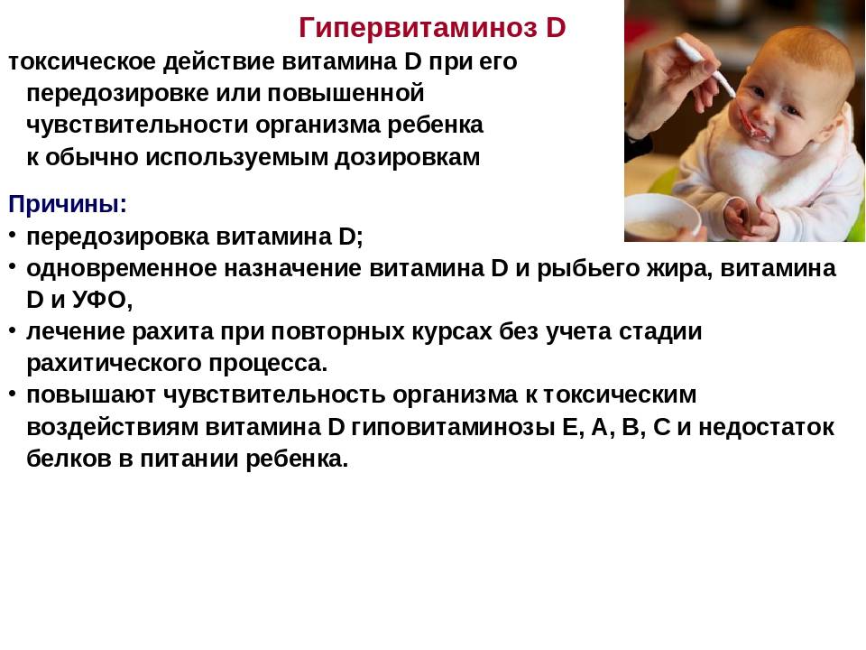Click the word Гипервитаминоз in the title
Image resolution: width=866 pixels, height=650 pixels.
tap(418, 28)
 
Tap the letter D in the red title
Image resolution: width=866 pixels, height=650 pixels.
tap(557, 27)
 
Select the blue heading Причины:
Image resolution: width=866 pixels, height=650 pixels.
tap(68, 205)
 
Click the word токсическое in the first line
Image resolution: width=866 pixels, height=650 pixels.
tap(82, 61)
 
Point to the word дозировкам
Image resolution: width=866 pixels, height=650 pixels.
tap(408, 158)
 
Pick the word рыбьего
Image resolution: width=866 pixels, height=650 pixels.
tap(587, 270)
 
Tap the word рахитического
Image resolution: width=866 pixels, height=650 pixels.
tap(115, 364)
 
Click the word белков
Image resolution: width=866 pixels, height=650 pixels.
tap(69, 459)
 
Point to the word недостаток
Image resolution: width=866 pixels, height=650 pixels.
tap(766, 428)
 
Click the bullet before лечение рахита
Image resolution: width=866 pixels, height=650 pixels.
tap(12, 330)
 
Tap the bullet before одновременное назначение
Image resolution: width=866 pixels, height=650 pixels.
tap(12, 267)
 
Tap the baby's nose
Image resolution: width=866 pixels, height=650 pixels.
tap(764, 111)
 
